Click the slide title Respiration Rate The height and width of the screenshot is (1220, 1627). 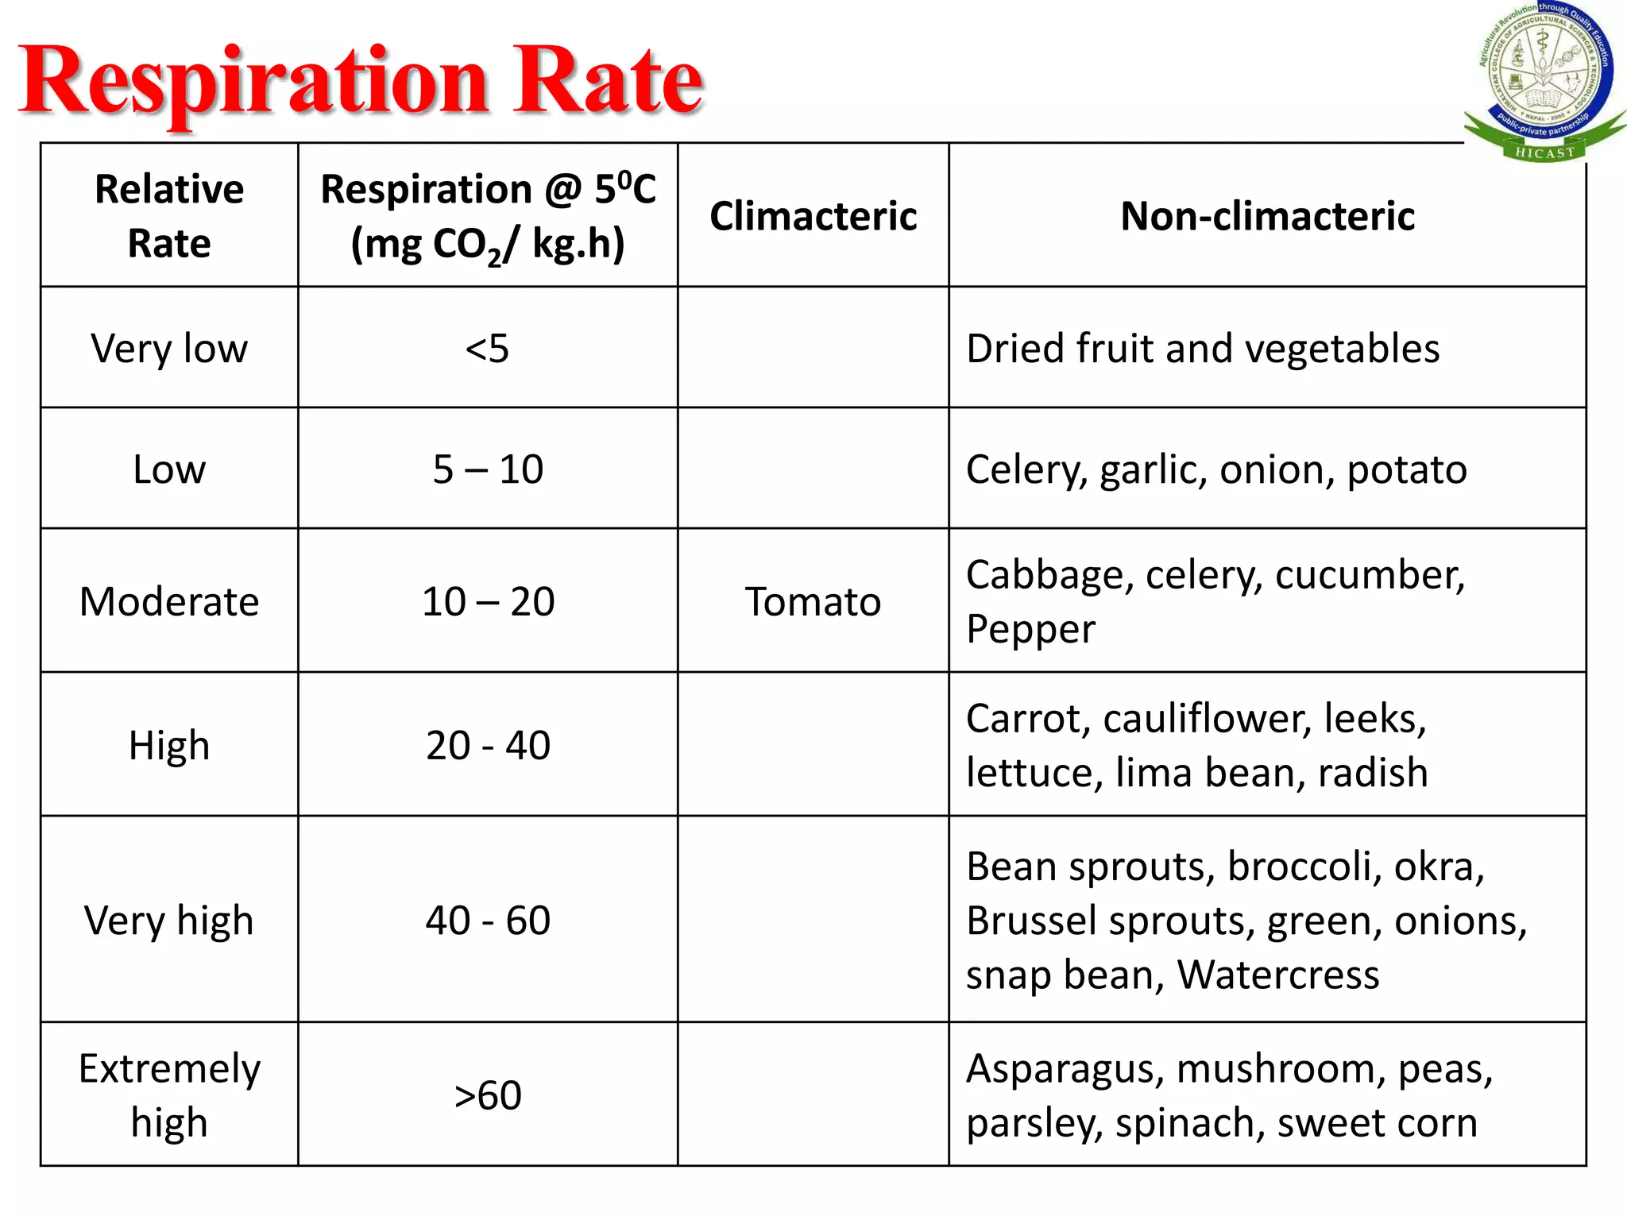(361, 81)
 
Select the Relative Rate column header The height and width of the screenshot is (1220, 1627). (169, 215)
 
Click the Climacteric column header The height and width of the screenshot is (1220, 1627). (813, 216)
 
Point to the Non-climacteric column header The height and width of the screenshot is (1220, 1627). (1267, 216)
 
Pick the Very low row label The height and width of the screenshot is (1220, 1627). (169, 348)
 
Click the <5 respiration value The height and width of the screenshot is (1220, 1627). (487, 348)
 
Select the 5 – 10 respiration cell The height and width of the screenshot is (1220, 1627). (488, 469)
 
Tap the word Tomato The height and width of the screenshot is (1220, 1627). (813, 601)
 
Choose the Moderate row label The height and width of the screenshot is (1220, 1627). (169, 601)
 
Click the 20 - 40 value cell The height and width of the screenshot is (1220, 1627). (488, 745)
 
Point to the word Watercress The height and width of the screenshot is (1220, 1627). (1277, 975)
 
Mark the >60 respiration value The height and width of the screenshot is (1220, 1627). (488, 1095)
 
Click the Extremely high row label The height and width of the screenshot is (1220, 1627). (169, 1095)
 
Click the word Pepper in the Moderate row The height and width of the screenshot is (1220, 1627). (1030, 629)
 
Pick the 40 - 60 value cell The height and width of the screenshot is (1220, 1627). (488, 920)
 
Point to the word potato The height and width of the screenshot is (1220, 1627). (1407, 469)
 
